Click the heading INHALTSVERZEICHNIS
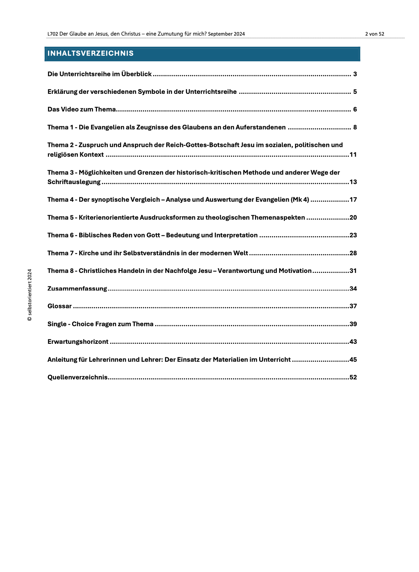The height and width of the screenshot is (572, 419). tap(91, 53)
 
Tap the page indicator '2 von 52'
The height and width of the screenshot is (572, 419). tap(375, 34)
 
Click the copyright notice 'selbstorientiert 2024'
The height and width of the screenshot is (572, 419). tap(29, 295)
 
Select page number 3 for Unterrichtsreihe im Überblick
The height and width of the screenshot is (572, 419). tap(355, 74)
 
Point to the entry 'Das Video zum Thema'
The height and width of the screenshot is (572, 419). tap(82, 109)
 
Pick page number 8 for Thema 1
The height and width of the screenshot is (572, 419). tap(355, 127)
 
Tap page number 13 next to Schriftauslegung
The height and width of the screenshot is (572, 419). tap(353, 182)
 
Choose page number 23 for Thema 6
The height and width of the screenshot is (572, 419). tap(353, 235)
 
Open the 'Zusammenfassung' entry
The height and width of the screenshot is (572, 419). tap(77, 289)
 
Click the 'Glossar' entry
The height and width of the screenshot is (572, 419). tap(59, 306)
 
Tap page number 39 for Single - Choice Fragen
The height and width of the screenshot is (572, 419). tap(353, 324)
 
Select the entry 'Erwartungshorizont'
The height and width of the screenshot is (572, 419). tap(78, 342)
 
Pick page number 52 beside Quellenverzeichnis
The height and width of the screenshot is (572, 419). tap(353, 377)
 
